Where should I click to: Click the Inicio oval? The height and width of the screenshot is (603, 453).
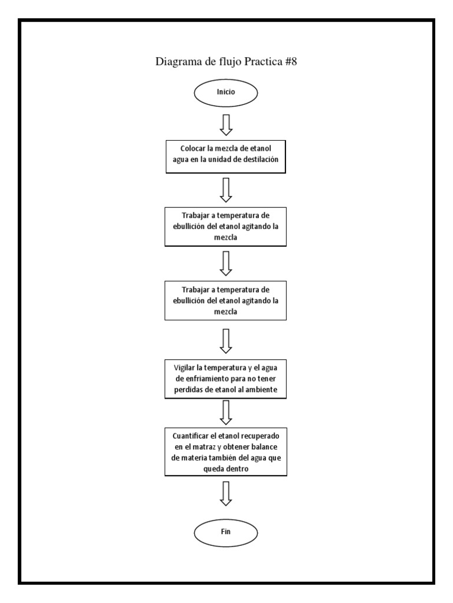226,92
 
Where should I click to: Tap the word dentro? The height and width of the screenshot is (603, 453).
239,469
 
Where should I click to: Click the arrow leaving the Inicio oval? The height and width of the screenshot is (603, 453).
226,123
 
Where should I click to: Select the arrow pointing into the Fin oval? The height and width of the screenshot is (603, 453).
226,493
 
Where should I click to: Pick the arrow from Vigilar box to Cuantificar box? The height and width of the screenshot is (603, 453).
226,412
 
